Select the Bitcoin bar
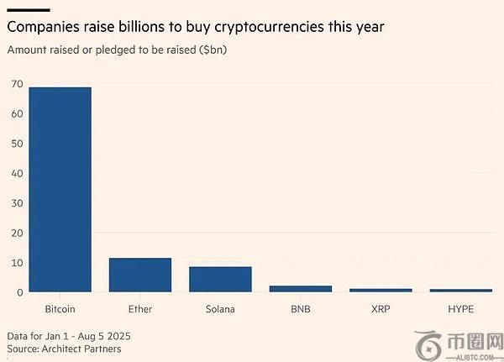[60, 189]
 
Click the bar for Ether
[140, 275]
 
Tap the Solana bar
[220, 279]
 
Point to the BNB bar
[300, 288]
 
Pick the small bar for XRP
[381, 290]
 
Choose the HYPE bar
[460, 290]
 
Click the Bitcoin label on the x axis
[60, 309]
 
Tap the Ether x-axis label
[140, 309]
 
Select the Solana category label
[220, 309]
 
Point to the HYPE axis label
[460, 309]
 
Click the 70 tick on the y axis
[16, 83]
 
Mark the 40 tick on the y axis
[16, 173]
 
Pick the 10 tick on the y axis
[16, 262]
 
